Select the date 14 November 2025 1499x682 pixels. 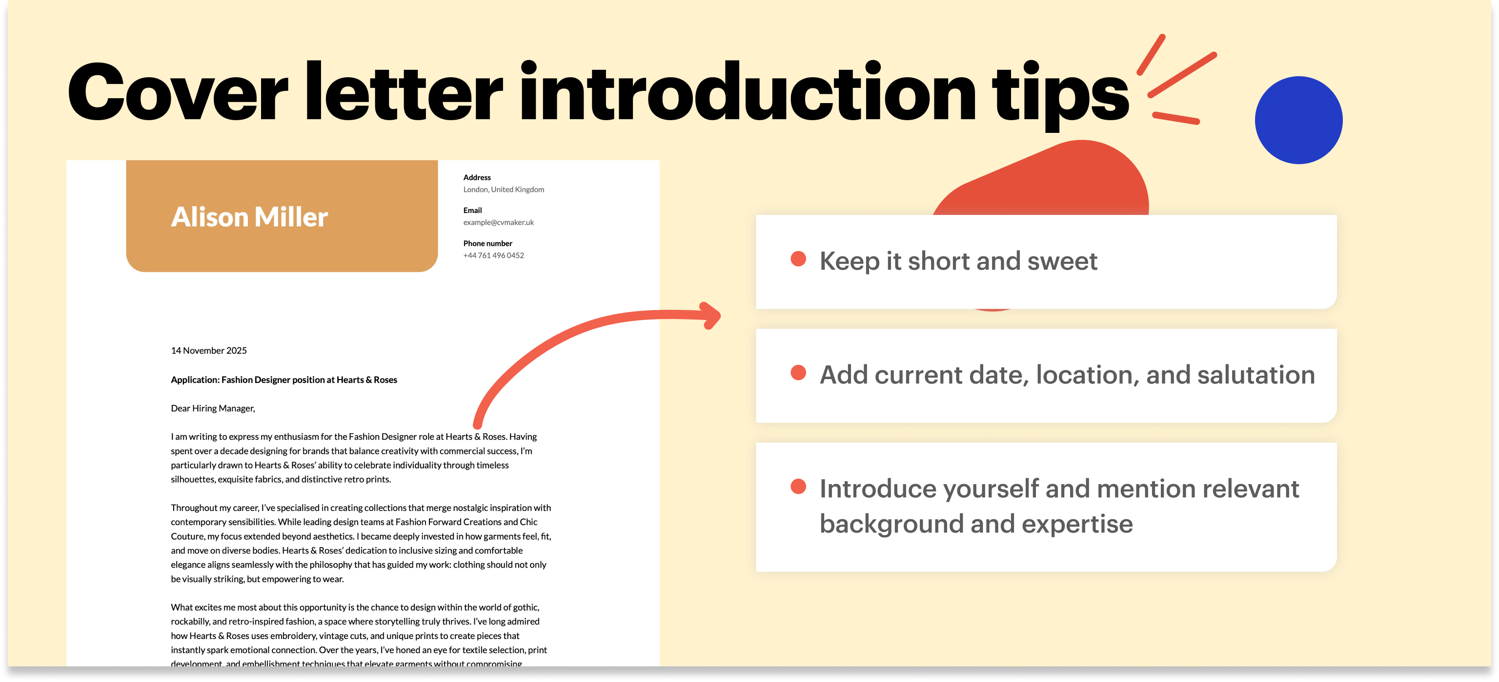coord(208,351)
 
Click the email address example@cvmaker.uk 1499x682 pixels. coord(498,222)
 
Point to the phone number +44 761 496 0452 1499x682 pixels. coord(493,256)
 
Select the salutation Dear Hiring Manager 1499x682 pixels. coord(212,408)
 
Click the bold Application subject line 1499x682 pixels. coord(284,380)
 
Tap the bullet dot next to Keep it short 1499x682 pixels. coord(798,259)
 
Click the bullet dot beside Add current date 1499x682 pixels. coord(798,373)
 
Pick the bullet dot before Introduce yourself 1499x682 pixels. coord(798,486)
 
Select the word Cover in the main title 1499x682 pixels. coord(178,93)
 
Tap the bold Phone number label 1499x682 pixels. coord(487,243)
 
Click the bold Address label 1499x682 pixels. coord(477,178)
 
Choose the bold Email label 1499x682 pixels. coord(472,210)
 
